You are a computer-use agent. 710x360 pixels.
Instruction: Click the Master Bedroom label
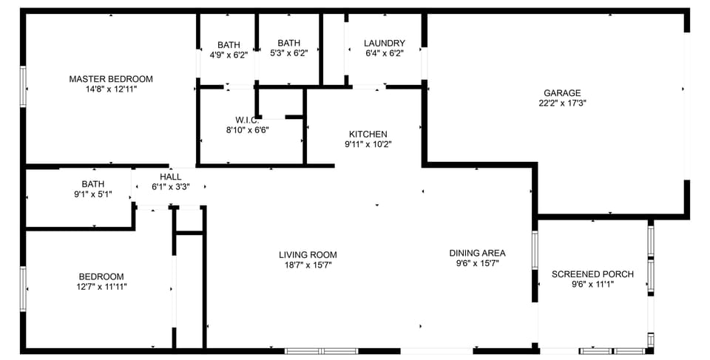(x=111, y=79)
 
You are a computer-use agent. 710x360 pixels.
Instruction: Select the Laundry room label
(x=385, y=44)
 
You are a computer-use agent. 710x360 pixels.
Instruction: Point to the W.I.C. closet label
(x=246, y=120)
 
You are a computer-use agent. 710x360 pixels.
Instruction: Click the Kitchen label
(x=368, y=134)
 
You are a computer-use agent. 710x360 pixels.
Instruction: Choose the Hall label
(x=170, y=177)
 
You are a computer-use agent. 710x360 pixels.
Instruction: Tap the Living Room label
(x=308, y=255)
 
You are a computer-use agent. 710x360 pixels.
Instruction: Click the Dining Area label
(x=477, y=253)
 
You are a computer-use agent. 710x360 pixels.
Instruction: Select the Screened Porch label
(x=592, y=274)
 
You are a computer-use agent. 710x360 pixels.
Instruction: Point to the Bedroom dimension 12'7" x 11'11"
(x=102, y=287)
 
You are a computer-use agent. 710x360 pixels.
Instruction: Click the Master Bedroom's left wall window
(x=23, y=86)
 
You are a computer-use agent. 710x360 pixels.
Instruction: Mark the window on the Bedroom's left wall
(x=23, y=288)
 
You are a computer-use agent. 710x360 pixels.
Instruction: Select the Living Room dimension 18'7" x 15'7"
(x=308, y=265)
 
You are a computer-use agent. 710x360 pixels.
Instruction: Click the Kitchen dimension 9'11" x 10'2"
(x=368, y=144)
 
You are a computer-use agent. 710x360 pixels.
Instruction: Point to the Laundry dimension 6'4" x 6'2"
(x=385, y=53)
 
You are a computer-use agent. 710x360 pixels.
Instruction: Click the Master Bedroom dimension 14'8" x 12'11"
(x=111, y=89)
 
